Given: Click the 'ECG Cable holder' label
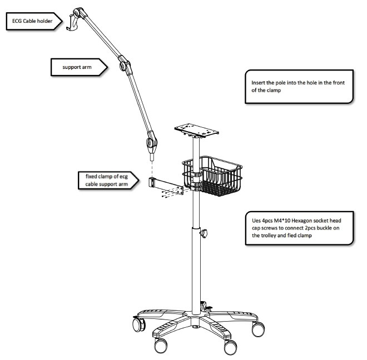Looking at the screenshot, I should (28, 22).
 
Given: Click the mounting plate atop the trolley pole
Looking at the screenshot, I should (195, 130).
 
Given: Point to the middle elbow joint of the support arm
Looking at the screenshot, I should (125, 65).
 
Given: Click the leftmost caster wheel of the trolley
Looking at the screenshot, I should (137, 322).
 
